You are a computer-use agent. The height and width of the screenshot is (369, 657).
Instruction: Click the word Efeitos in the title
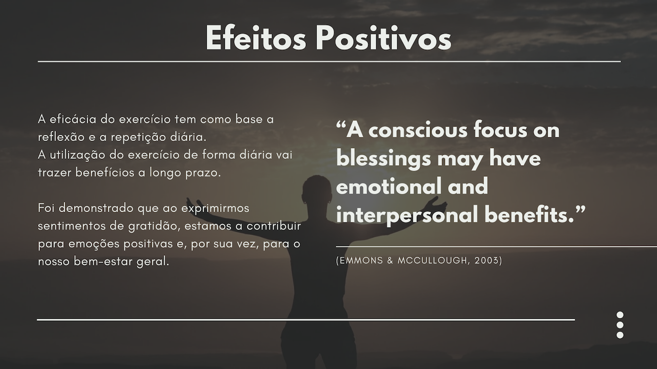tap(256, 38)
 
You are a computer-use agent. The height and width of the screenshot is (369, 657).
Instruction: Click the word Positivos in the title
tap(383, 38)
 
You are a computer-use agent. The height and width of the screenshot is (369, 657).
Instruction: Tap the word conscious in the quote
tap(418, 130)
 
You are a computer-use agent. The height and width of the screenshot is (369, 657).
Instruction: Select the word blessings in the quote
tap(383, 159)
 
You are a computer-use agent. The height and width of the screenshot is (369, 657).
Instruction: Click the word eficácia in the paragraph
tap(73, 119)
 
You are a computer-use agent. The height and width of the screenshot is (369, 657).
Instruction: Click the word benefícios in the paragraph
tap(105, 173)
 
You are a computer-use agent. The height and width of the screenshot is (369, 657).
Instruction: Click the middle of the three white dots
tap(620, 325)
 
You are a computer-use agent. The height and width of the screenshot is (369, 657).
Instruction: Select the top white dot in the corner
tap(620, 315)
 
